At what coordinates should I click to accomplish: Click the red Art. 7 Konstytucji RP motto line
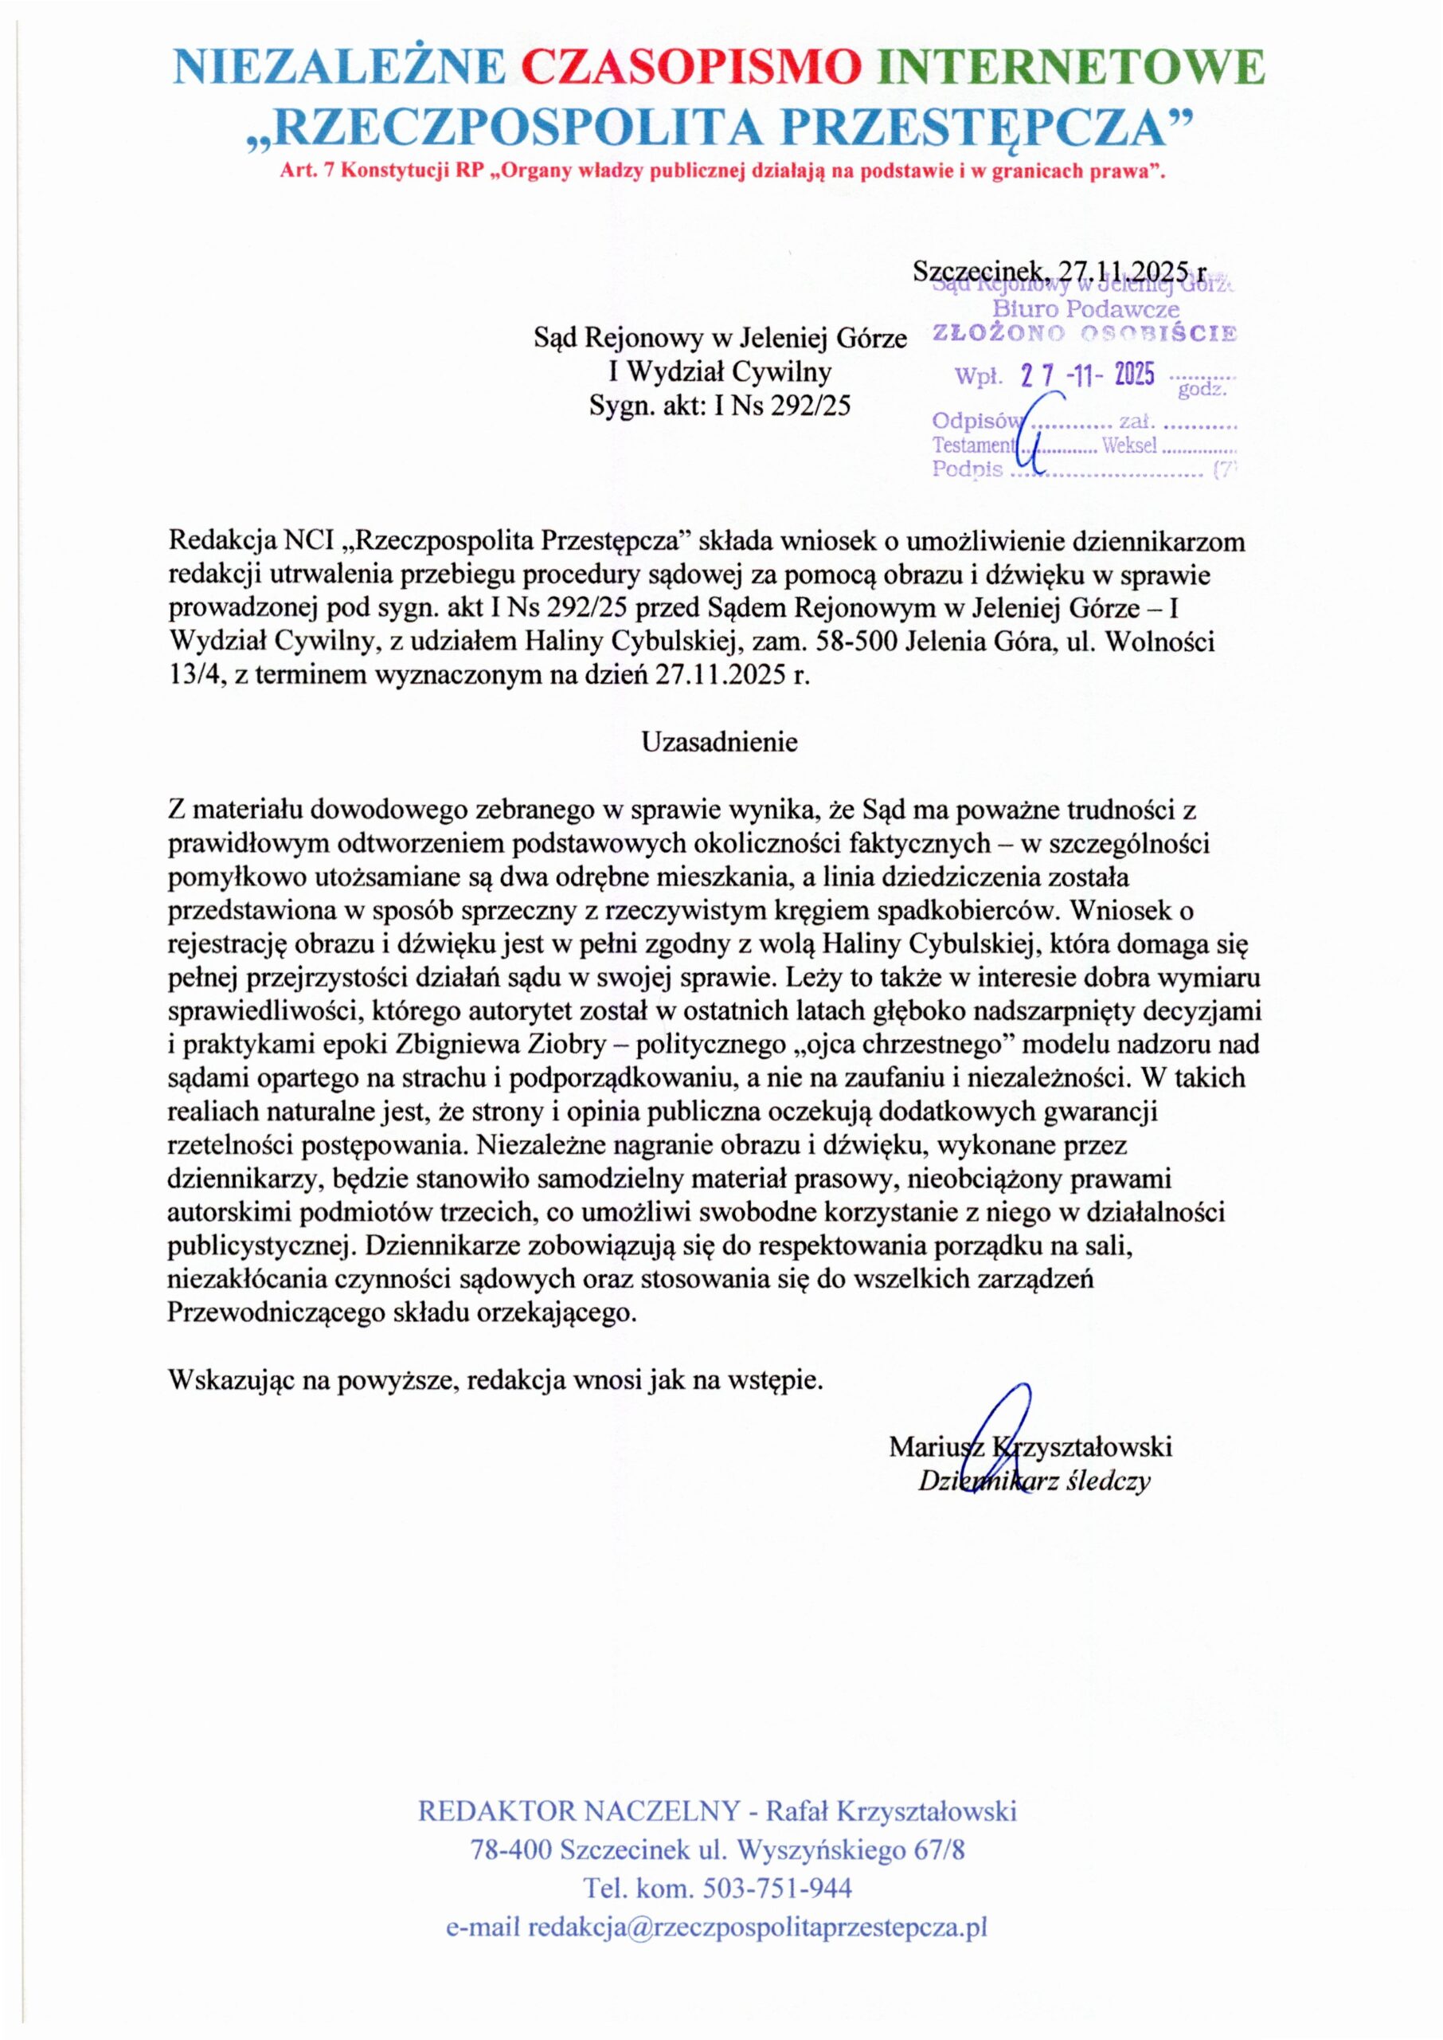coord(721,171)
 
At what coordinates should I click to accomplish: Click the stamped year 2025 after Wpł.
coord(1134,376)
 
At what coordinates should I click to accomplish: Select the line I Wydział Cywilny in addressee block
coord(720,371)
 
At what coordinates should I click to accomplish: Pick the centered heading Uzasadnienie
coord(720,742)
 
